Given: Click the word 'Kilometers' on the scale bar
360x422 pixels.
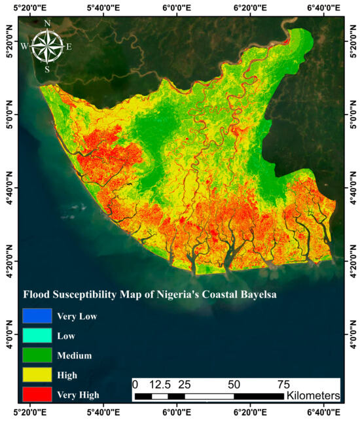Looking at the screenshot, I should pos(314,396).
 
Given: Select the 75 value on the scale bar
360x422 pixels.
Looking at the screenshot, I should pos(283,384).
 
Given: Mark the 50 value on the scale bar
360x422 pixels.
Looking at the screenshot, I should pos(234,384).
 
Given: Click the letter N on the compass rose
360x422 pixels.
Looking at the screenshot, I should pos(47,24).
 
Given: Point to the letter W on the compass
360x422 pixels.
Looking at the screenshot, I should pos(24,46).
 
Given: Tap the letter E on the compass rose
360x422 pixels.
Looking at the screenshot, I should pos(69,46).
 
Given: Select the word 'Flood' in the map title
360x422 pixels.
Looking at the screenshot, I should pos(37,295).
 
